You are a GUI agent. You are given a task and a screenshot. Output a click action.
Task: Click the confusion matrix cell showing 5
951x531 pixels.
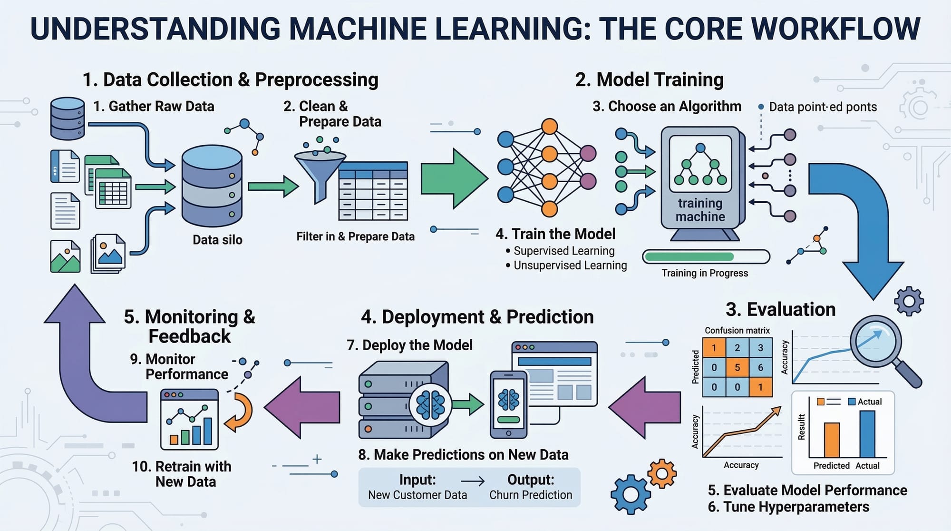737,367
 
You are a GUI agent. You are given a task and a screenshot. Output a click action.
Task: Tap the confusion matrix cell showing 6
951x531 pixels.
760,367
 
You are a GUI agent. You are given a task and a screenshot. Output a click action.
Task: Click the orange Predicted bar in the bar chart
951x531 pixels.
832,440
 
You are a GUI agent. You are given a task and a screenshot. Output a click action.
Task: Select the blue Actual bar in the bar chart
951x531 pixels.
867,433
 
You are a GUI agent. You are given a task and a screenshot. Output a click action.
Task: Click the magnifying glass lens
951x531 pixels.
875,341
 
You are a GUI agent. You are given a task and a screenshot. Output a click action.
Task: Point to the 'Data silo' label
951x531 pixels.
217,240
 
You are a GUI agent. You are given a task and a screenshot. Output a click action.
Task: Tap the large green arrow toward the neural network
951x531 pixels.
452,179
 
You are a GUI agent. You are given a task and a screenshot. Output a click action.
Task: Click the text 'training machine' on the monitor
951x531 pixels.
700,210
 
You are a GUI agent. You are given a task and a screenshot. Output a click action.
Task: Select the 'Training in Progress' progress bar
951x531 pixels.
706,257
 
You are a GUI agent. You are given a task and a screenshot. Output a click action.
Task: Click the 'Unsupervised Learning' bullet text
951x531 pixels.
570,265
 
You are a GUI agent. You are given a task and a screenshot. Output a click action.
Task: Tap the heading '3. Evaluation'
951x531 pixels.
780,309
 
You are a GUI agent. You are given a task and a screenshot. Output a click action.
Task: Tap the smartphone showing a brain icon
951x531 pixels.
508,404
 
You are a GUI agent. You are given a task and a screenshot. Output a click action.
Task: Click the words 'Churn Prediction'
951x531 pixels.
531,495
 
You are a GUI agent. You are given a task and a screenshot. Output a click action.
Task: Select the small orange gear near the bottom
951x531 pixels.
662,473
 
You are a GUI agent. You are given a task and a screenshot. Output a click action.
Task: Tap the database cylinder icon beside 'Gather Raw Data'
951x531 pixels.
68,118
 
